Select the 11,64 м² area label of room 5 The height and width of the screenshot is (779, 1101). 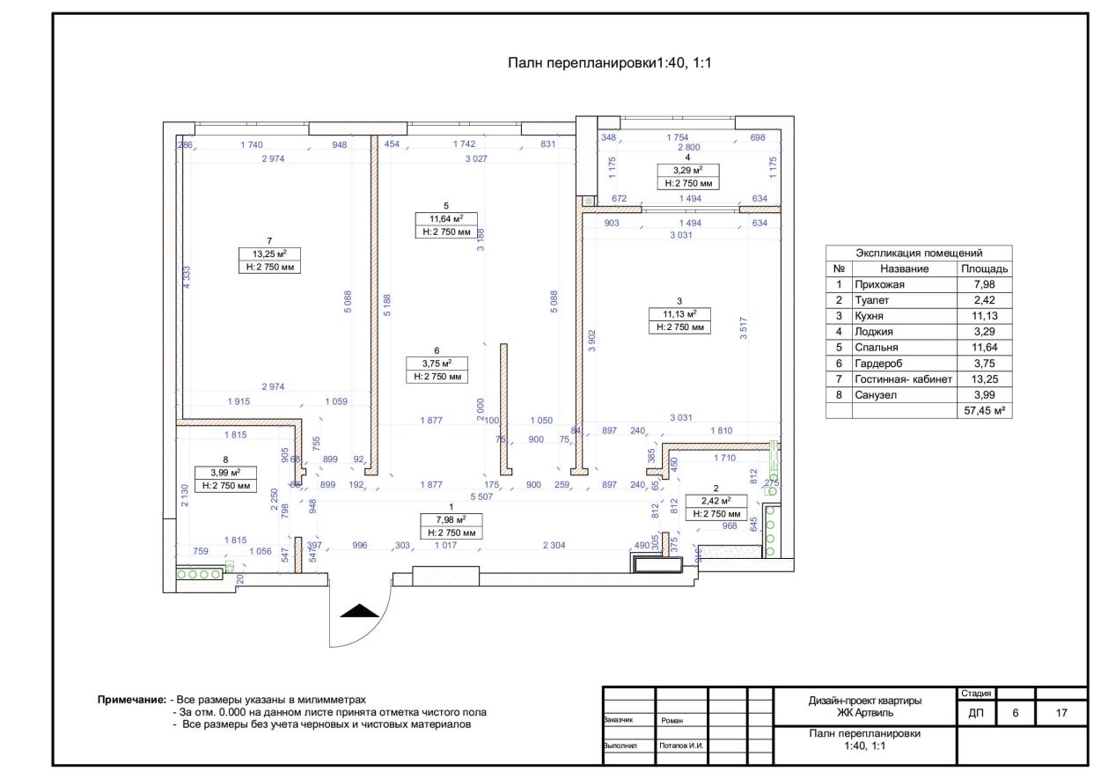pyautogui.click(x=446, y=219)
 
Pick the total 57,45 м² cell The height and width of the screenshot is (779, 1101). pyautogui.click(x=984, y=411)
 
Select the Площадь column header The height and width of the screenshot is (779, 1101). pyautogui.click(x=984, y=268)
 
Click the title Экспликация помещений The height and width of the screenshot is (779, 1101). pyautogui.click(x=919, y=253)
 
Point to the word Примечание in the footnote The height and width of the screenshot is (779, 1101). pyautogui.click(x=131, y=699)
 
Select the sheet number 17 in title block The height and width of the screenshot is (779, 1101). pyautogui.click(x=1061, y=712)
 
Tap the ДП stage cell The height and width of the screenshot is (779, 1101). pyautogui.click(x=976, y=712)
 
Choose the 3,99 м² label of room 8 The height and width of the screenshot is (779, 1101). pyautogui.click(x=226, y=472)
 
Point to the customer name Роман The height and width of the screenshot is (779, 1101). pyautogui.click(x=671, y=720)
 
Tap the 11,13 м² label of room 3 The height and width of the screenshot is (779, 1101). pyautogui.click(x=679, y=313)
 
